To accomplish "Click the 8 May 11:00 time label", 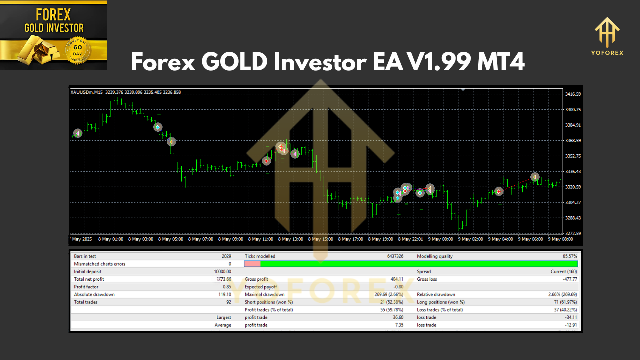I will (261, 239).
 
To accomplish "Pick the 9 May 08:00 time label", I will (561, 239).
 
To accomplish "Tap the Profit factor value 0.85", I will (226, 287).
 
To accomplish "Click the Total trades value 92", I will (228, 302).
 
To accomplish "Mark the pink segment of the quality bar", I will (252, 264).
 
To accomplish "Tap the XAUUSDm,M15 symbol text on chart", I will (87, 92).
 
